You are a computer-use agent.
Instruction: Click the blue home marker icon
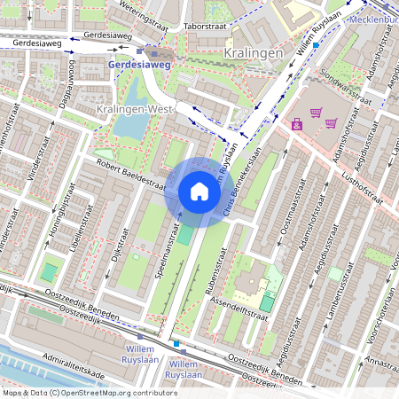pos(199,192)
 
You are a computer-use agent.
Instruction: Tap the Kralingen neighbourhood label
pos(254,53)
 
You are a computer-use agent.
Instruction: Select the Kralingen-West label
pos(133,108)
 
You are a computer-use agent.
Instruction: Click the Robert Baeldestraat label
pos(131,175)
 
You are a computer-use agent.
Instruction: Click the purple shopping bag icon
pos(297,125)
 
